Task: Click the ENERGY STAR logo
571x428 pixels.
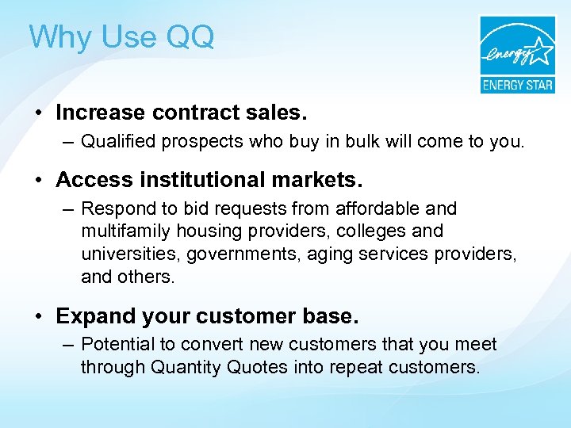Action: tap(516, 55)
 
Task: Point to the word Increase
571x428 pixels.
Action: tap(100, 113)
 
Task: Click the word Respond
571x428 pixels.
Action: tap(116, 208)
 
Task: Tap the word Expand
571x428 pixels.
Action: tap(88, 315)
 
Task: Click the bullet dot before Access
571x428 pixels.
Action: tap(39, 180)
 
